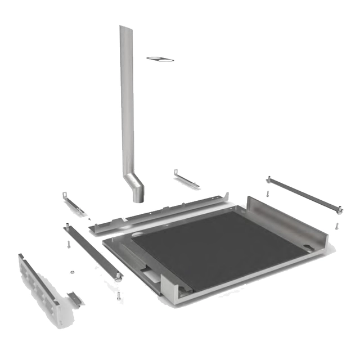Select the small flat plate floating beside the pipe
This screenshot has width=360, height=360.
click(160, 58)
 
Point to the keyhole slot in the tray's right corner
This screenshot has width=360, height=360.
click(308, 246)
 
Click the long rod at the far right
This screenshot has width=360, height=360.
click(304, 194)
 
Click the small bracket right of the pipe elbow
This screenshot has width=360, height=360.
click(186, 179)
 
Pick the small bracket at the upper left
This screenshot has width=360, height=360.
click(73, 202)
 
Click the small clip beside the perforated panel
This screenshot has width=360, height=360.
click(74, 298)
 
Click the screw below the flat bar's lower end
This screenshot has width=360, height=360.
click(118, 295)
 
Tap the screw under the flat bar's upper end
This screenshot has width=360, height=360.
click(68, 245)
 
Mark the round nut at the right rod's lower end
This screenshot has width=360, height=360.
click(340, 211)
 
